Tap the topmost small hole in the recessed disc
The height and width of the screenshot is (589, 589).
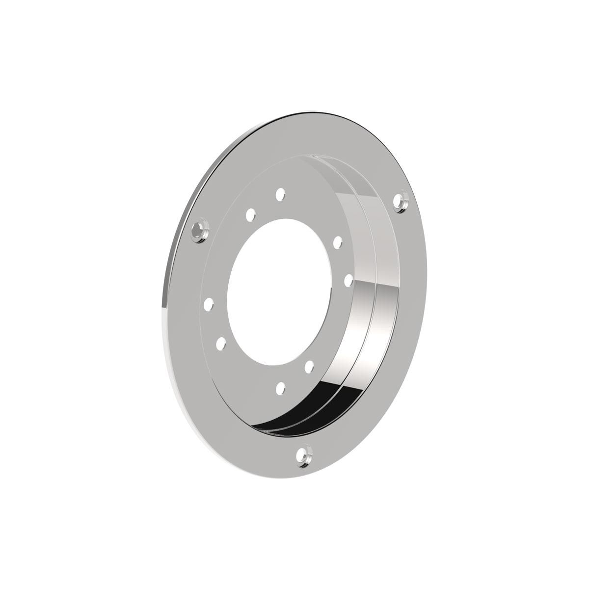click(280, 194)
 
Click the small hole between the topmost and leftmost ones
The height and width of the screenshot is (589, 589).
click(250, 214)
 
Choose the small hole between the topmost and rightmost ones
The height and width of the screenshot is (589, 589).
click(337, 242)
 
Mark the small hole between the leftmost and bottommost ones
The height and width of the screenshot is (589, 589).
click(221, 342)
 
